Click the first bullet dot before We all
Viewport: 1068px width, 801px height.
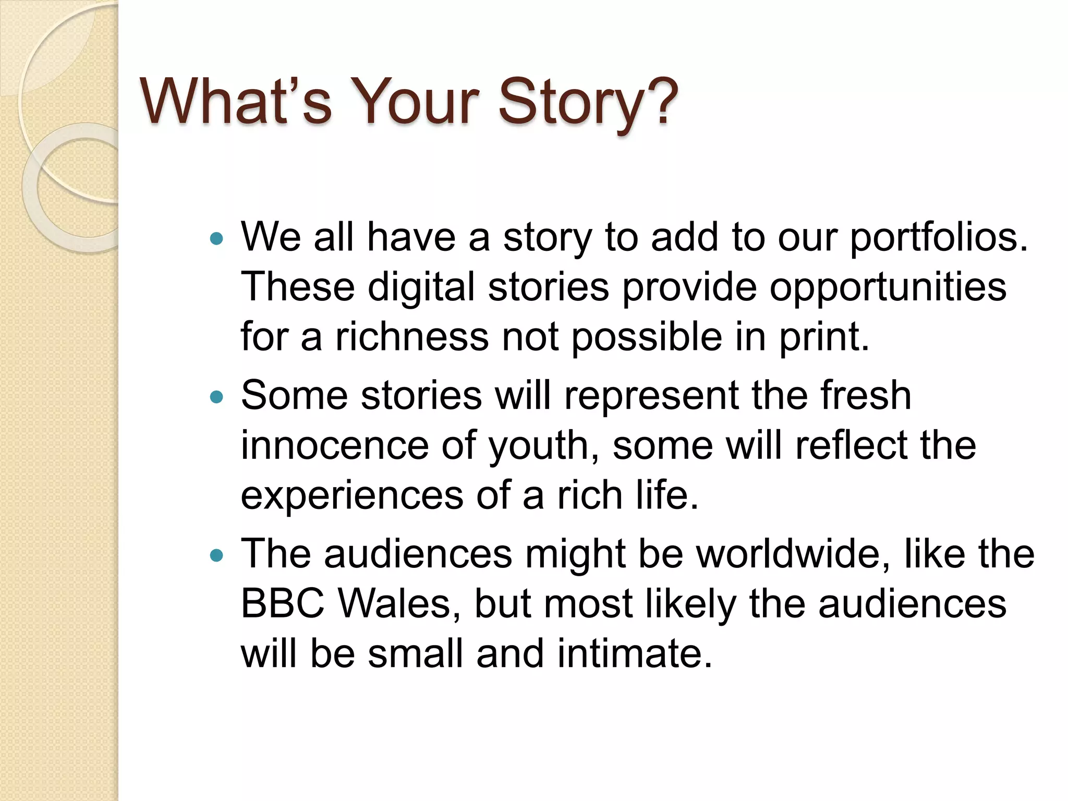[x=216, y=239]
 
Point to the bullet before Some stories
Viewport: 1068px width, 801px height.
[x=216, y=398]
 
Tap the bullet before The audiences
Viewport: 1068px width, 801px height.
[x=216, y=556]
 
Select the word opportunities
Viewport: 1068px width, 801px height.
[x=888, y=288]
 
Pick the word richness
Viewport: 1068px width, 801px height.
[x=412, y=337]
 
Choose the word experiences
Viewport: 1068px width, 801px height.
[x=352, y=496]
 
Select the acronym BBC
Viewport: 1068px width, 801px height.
[x=283, y=604]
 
